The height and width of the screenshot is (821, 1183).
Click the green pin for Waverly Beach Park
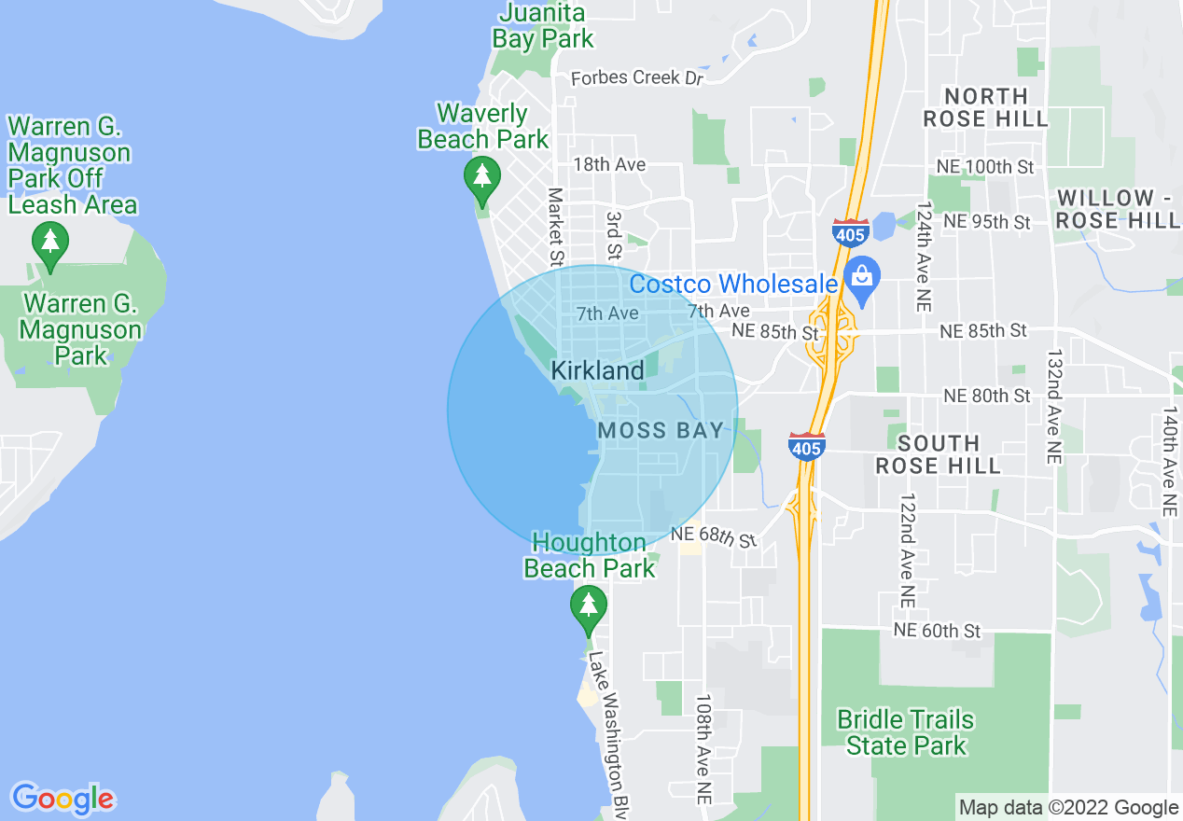481,176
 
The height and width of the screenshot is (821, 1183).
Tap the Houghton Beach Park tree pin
588,605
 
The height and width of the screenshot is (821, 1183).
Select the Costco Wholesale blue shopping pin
862,277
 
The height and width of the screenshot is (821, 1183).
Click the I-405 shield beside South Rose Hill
806,446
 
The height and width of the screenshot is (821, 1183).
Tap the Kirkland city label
597,370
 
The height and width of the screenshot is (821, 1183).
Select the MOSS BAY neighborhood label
661,430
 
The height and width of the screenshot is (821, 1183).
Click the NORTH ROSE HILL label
986,107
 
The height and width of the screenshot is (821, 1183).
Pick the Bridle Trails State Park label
905,732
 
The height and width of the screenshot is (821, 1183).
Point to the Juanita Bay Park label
542,26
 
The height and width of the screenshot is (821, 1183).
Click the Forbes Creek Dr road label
636,77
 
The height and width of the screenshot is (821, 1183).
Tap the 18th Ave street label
609,164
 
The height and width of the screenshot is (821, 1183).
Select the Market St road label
556,226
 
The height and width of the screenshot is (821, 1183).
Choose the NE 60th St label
937,631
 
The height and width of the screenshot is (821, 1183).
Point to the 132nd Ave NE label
1054,407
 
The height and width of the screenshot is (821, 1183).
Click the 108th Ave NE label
703,749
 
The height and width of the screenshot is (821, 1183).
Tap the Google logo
63,799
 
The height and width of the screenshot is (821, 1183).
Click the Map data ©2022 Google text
1068,807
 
